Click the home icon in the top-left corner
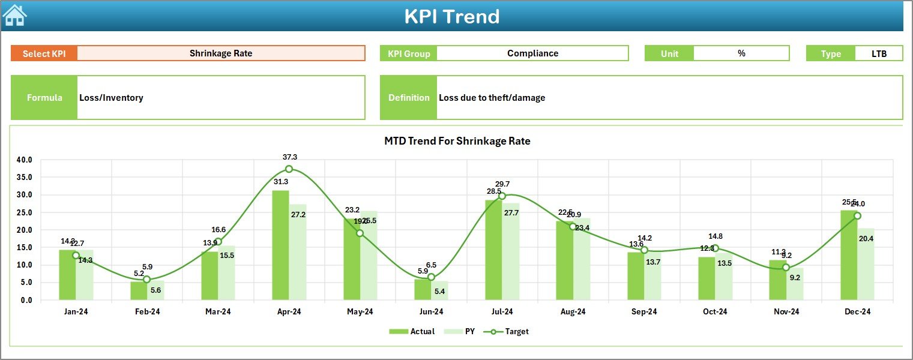click(x=14, y=16)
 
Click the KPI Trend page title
click(x=451, y=16)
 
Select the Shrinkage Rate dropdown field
click(x=221, y=53)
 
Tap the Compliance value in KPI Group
click(x=532, y=53)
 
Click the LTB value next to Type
click(x=879, y=53)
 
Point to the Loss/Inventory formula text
click(x=111, y=98)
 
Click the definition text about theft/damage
click(x=492, y=98)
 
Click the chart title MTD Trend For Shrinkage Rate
click(x=457, y=141)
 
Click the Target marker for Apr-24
click(x=289, y=169)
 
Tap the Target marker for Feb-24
click(x=146, y=280)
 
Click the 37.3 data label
click(x=290, y=157)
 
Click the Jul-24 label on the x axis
click(x=502, y=312)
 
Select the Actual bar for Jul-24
click(x=493, y=250)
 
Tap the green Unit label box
click(x=669, y=53)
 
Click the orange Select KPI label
click(x=44, y=53)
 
